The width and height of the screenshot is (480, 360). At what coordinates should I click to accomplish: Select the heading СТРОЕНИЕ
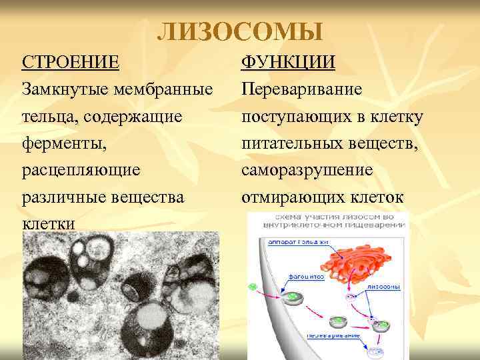[71, 62]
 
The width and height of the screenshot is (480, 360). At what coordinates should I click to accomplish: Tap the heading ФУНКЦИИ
[288, 62]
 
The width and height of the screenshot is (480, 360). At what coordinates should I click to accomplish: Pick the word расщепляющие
[81, 170]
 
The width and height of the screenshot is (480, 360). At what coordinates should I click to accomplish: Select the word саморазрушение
[307, 170]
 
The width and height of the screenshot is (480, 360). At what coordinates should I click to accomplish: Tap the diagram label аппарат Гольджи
[288, 243]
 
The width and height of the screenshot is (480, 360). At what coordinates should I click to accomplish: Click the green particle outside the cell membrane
[253, 287]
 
